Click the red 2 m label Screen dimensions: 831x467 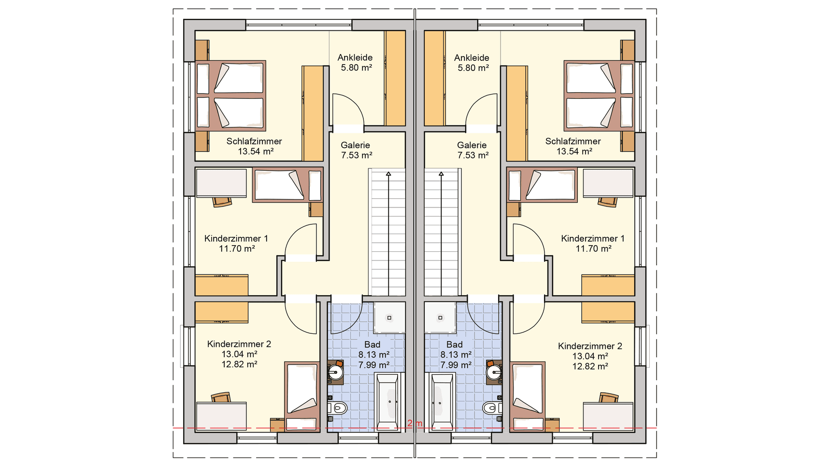(x=415, y=424)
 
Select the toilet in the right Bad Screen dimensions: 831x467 (x=492, y=408)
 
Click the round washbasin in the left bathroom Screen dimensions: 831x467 (x=336, y=372)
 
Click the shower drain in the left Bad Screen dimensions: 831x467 (x=389, y=318)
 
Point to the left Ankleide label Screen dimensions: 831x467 (x=355, y=57)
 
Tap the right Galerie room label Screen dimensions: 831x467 (x=472, y=145)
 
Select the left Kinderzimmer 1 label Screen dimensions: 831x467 (x=236, y=238)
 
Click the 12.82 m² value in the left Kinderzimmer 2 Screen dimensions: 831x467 (x=239, y=365)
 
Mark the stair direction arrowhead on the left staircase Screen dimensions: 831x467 (x=388, y=173)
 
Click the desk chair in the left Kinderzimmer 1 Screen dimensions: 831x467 (x=222, y=201)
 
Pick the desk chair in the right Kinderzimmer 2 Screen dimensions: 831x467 (x=608, y=398)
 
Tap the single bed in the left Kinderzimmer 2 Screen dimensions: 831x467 (x=302, y=396)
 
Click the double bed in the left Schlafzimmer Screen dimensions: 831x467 (x=230, y=96)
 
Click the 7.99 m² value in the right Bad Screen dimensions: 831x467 (x=456, y=365)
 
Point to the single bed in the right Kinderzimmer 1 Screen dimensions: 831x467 (x=542, y=185)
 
